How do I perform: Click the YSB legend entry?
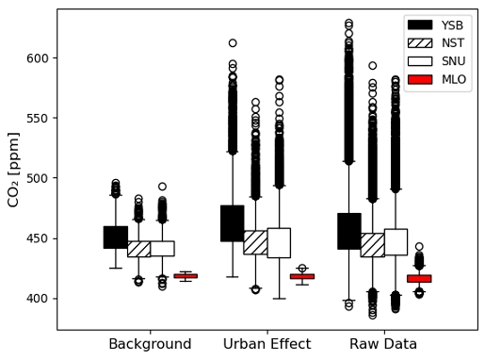(x=439, y=25)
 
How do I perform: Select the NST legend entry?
(x=439, y=42)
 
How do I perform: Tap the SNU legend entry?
(x=439, y=61)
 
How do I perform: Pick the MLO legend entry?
(x=439, y=79)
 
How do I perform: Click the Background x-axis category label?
(x=150, y=344)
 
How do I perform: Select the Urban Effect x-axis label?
(x=267, y=344)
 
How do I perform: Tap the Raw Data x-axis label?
(x=383, y=344)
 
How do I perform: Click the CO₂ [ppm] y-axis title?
(x=14, y=170)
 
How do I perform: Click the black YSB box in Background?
(x=115, y=237)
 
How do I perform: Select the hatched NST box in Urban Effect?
(x=255, y=242)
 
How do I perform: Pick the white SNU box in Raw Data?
(x=396, y=242)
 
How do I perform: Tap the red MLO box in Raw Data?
(x=419, y=279)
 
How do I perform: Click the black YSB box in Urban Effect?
(x=232, y=223)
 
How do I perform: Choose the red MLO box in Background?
(x=186, y=276)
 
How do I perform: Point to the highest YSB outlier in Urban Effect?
(x=232, y=43)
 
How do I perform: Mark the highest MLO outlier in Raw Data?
(x=419, y=247)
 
